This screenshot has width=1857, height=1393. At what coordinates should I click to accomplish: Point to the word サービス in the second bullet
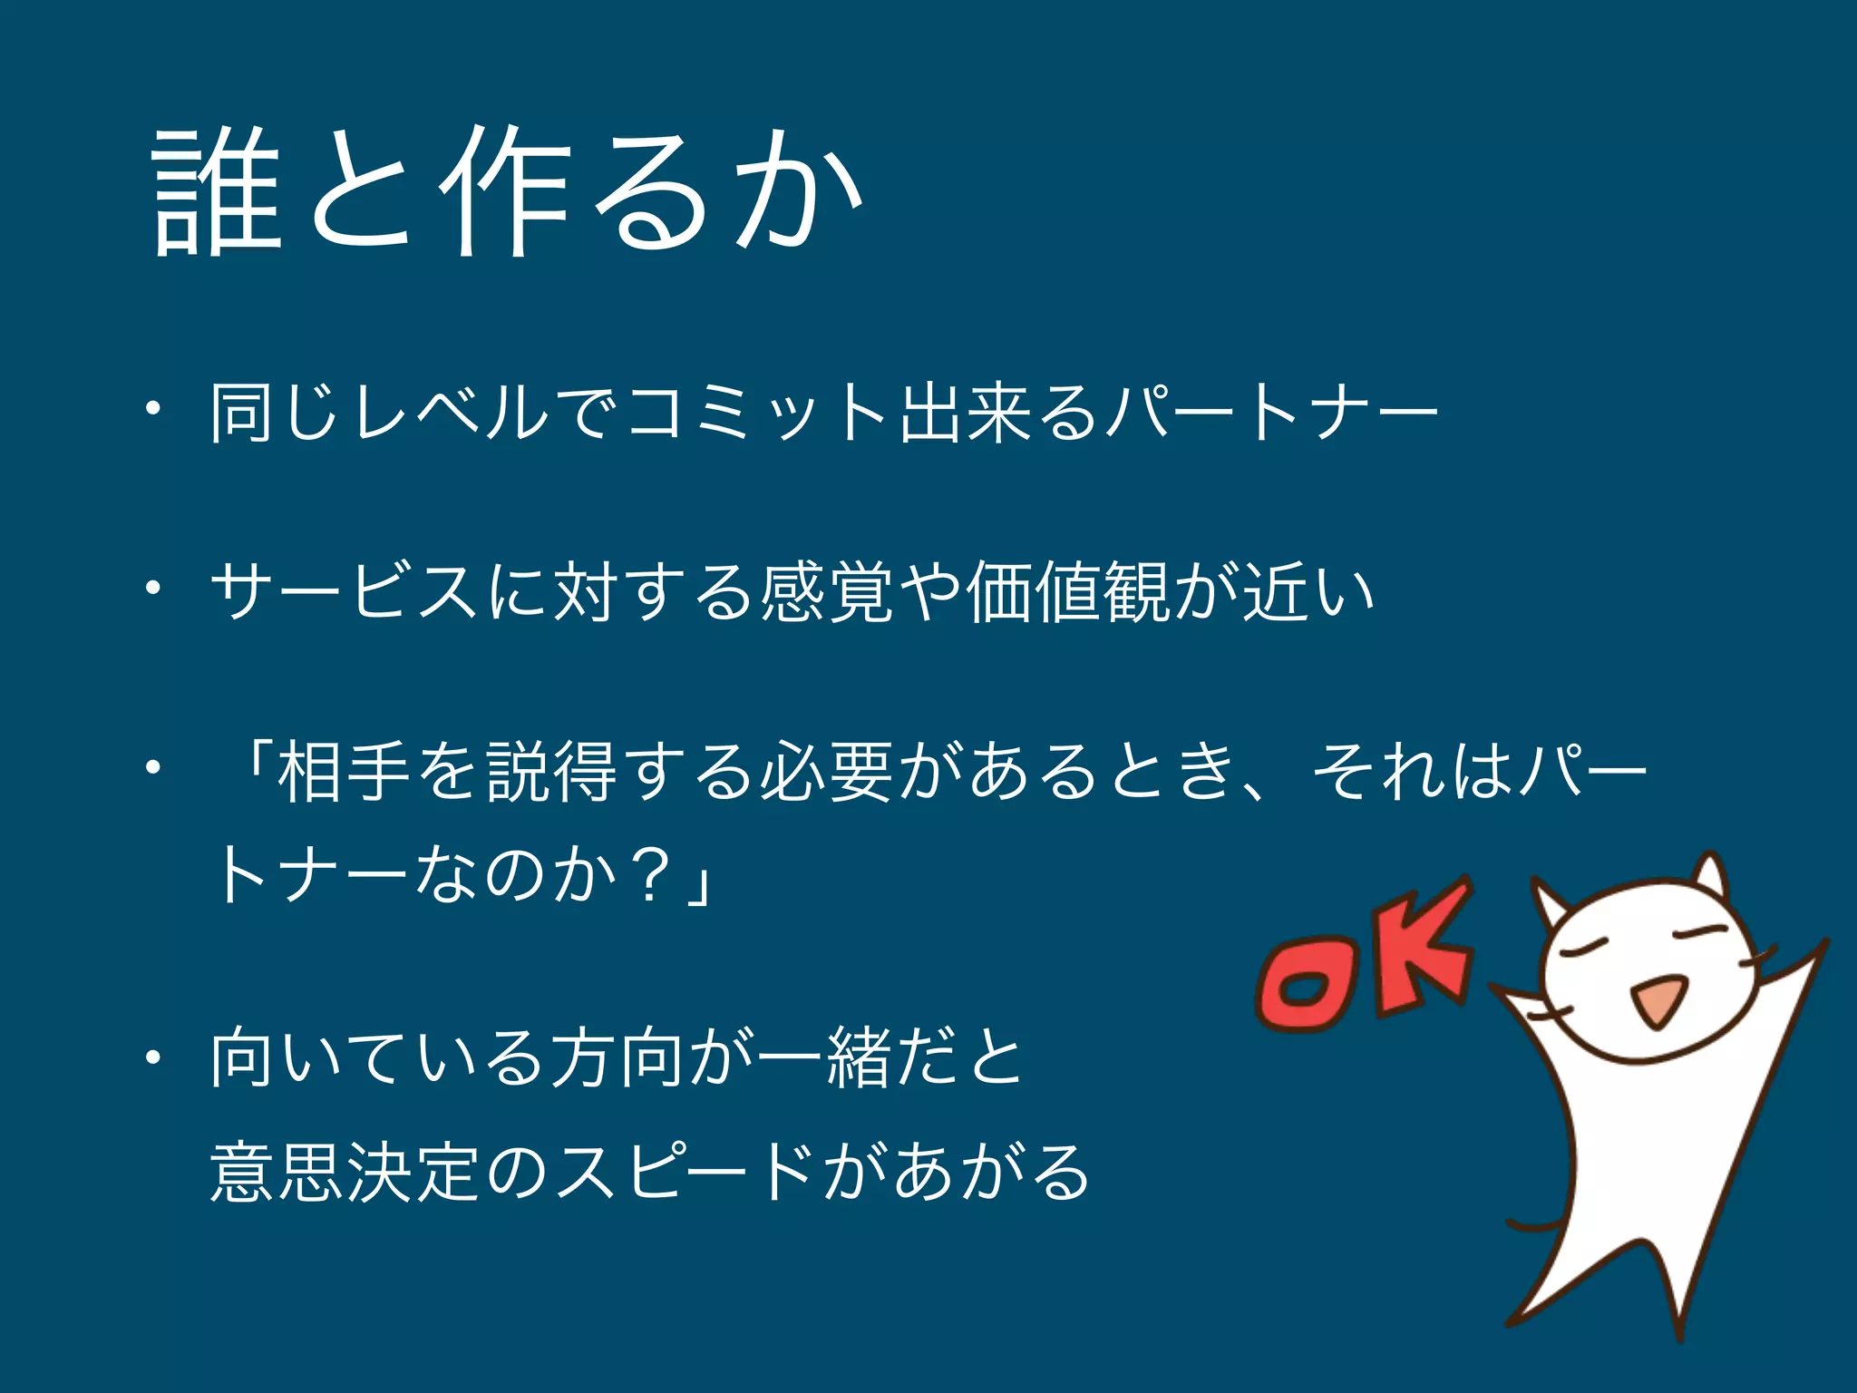coord(345,591)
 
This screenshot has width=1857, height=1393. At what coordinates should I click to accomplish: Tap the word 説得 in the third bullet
coord(552,772)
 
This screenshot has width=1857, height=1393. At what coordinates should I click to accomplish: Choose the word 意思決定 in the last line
coord(345,1172)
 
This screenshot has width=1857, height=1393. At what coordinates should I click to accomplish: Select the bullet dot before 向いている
coord(154,1057)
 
